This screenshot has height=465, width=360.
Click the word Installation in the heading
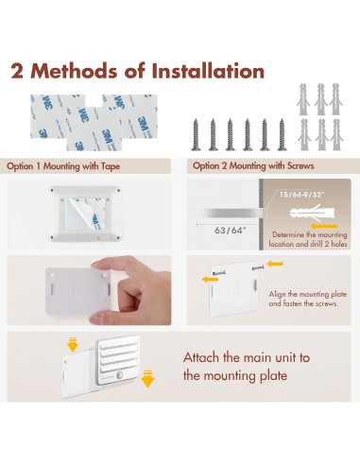208,71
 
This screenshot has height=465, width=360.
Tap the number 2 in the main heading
17,71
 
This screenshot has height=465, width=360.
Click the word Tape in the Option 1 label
111,166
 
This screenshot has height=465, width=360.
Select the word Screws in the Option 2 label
300,166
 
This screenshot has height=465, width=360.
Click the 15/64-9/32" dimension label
301,195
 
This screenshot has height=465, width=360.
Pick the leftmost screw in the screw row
196,134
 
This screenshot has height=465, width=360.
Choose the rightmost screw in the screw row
282,134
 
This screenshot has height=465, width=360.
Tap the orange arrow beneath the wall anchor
324,226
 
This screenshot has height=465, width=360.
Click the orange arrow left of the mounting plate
210,279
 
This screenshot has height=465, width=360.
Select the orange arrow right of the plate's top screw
275,264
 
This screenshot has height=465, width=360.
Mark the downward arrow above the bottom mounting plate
73,344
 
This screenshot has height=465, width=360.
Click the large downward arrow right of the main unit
147,379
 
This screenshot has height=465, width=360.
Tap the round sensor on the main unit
119,375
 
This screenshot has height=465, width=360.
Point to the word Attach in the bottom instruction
201,357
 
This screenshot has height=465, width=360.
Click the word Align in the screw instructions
278,294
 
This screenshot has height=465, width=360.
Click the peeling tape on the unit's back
86,214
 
